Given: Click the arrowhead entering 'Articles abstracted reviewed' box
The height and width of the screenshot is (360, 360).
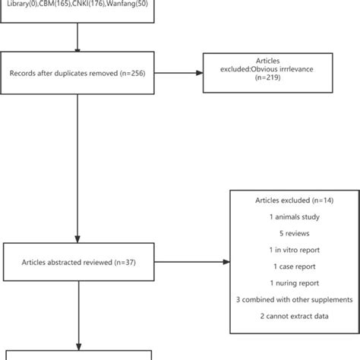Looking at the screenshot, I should [x=77, y=240].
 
